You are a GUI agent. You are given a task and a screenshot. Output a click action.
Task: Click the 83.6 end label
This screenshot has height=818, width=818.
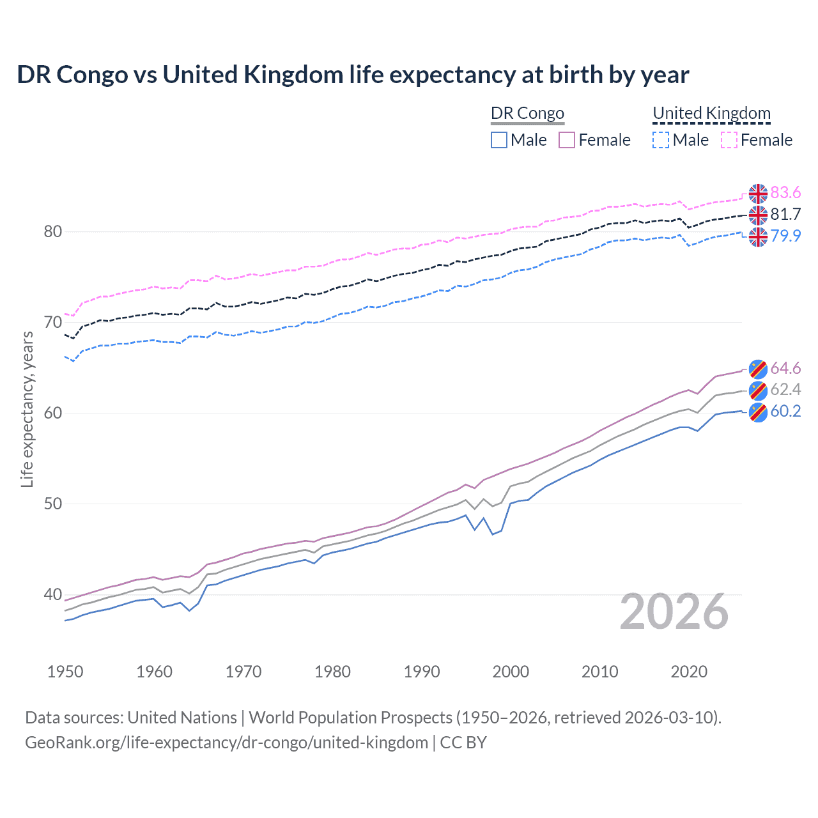point(785,193)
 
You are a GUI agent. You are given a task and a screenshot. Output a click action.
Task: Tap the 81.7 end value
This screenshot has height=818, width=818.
point(785,214)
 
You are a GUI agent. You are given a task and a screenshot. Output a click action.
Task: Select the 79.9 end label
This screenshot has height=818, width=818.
point(785,236)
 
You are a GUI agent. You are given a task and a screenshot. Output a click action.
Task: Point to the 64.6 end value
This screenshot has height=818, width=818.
point(785,368)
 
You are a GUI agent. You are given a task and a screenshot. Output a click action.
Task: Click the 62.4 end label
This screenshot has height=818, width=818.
point(785,390)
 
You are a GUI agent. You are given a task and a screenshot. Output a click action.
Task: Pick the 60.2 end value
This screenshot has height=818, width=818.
point(785,411)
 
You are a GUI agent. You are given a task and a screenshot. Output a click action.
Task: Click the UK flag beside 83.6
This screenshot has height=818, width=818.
point(758,193)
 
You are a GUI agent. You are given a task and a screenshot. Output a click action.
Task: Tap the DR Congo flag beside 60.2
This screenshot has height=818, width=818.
point(758,412)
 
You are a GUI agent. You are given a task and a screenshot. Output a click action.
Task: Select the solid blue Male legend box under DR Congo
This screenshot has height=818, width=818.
point(499,140)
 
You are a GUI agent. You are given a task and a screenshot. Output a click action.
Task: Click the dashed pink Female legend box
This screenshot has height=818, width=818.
point(729,140)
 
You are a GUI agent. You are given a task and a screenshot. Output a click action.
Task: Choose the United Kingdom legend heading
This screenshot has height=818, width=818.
point(711,113)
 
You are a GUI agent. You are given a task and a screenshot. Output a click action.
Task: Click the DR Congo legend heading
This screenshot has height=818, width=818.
point(527,113)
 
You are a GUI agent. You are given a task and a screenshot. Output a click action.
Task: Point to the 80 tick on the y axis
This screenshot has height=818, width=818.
point(53,231)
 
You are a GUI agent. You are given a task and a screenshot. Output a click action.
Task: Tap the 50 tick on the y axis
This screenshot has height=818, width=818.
point(53,504)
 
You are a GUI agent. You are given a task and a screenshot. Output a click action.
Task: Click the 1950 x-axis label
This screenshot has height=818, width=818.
point(65,672)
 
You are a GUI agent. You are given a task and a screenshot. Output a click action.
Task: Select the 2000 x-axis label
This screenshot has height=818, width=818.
point(511,672)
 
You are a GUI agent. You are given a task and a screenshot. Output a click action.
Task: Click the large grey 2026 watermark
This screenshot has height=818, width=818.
point(674,612)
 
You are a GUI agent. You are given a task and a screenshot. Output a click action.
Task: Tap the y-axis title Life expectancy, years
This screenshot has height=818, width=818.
point(27,409)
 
